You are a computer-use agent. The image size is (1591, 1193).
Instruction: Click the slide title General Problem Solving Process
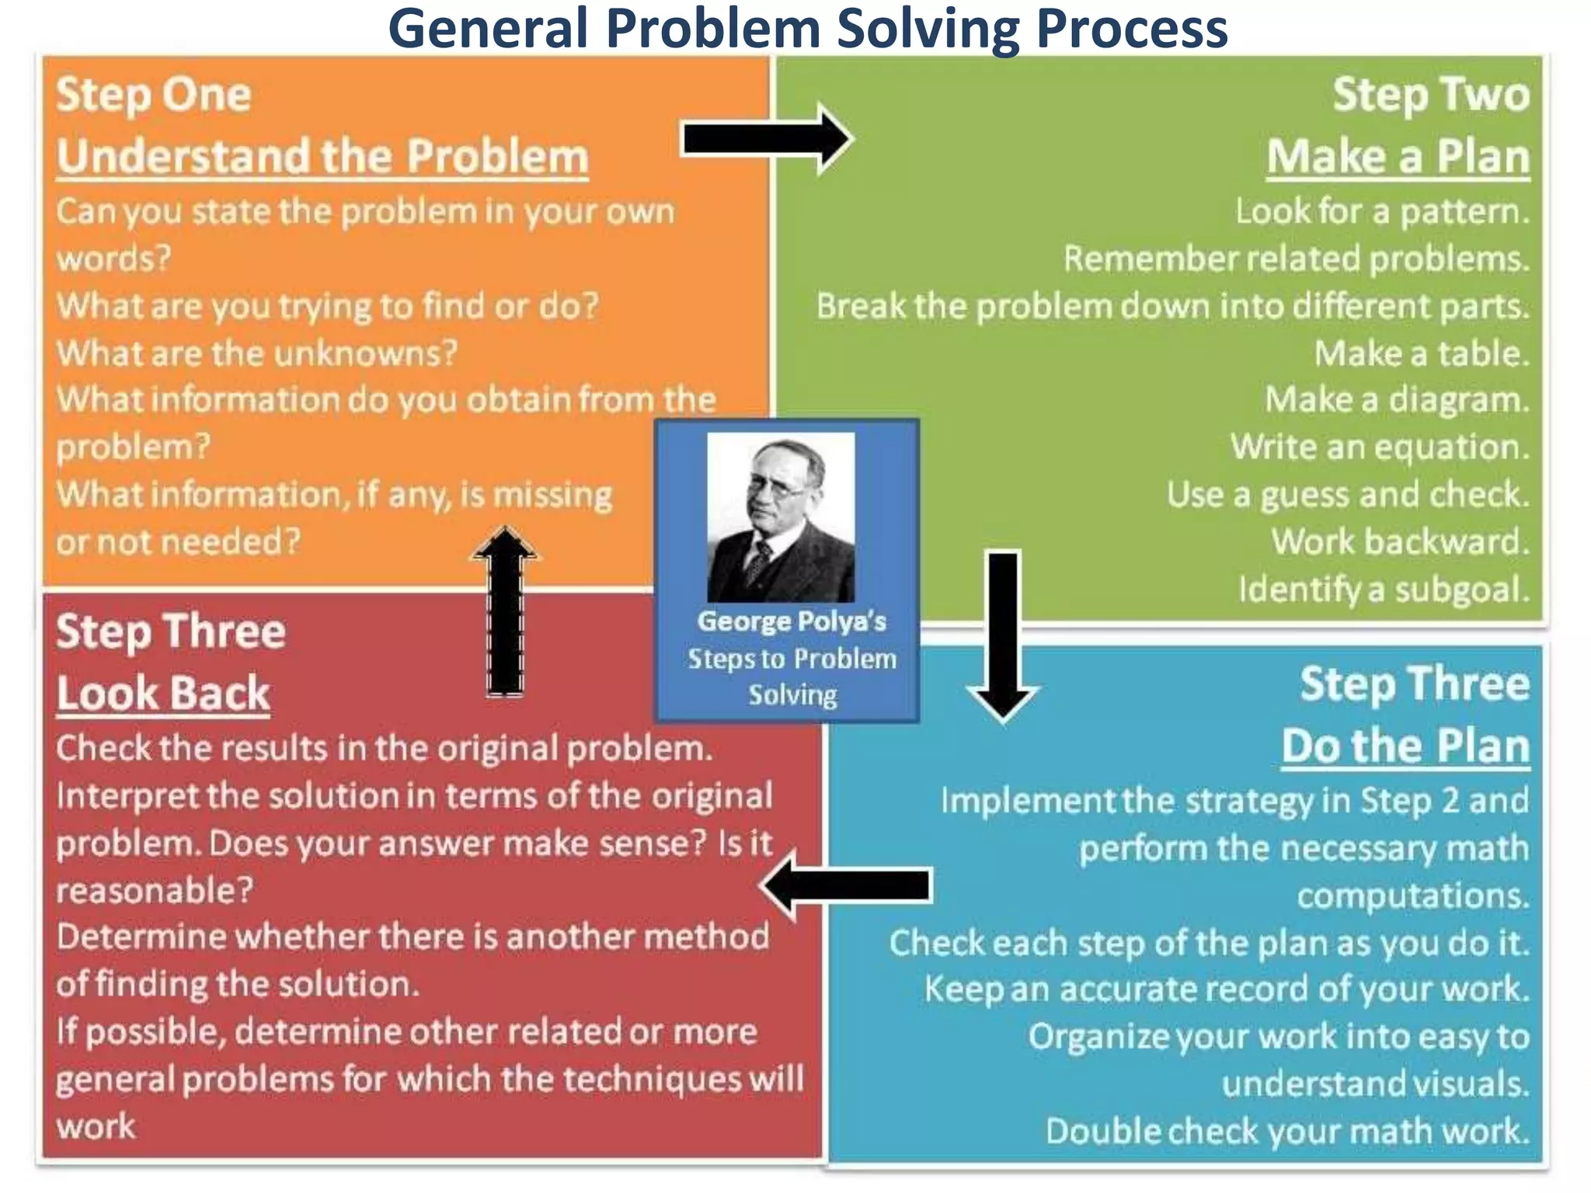808,30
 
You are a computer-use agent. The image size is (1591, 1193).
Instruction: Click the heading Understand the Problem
322,157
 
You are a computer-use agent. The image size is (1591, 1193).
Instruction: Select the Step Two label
1430,95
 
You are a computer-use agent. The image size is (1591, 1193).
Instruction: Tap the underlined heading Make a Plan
1398,157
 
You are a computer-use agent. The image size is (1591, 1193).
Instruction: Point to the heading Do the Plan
1405,746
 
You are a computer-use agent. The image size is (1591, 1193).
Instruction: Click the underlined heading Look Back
163,693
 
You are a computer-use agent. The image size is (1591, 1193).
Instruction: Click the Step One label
154,95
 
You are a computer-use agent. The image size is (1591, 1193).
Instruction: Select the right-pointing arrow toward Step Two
768,140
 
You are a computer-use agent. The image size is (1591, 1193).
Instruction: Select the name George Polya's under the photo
791,621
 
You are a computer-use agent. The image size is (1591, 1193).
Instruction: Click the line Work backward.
1399,541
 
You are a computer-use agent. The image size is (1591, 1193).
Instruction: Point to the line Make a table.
1421,353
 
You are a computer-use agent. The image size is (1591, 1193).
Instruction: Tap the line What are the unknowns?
257,353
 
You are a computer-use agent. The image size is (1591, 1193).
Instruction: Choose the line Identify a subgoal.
1383,590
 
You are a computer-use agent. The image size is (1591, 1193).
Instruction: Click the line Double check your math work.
1286,1131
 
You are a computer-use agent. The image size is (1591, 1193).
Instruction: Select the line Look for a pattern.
1382,211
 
